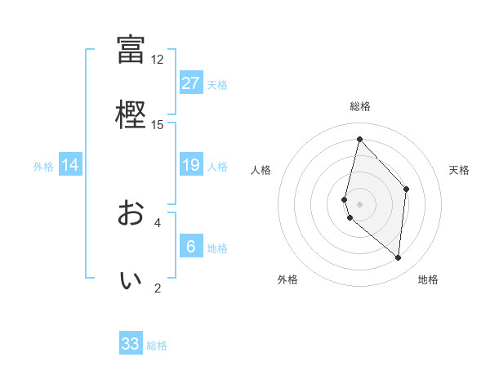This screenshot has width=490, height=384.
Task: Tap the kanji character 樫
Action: tap(131, 114)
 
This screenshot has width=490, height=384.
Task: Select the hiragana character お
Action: tap(131, 213)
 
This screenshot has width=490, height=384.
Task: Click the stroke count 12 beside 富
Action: tap(157, 60)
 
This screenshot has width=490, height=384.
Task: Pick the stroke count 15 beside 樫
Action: tap(157, 124)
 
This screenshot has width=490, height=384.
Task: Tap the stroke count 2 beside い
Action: tap(157, 288)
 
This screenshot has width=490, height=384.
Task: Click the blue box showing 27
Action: tap(191, 83)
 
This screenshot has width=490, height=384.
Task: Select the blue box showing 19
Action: tap(191, 166)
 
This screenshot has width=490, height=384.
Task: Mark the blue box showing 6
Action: tap(191, 247)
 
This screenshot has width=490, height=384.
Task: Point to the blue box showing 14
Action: tap(70, 166)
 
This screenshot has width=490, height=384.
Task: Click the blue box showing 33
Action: tap(131, 344)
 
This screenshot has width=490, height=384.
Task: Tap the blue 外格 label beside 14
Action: tap(43, 167)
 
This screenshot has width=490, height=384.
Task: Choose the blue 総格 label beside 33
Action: tap(157, 346)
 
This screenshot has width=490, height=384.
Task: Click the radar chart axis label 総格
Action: tap(359, 106)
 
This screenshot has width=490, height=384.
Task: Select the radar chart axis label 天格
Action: tap(459, 170)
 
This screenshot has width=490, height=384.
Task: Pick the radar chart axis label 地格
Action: tap(428, 279)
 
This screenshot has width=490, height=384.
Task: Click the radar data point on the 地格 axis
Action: tap(398, 257)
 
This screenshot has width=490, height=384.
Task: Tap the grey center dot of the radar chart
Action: tap(359, 203)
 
